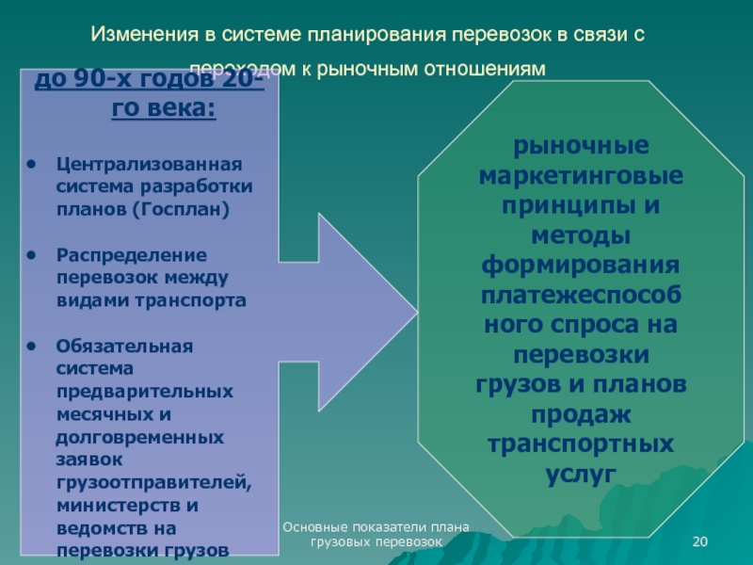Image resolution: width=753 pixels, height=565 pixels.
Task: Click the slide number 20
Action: tap(699, 540)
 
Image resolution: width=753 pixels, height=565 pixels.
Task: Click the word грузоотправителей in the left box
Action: tap(154, 482)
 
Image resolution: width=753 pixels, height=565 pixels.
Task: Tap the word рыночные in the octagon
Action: tap(581, 148)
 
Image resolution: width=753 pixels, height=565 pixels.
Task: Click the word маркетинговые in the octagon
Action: tap(581, 177)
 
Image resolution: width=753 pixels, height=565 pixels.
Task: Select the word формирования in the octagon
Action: tap(581, 266)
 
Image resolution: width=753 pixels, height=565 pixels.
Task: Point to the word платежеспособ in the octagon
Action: tap(581, 296)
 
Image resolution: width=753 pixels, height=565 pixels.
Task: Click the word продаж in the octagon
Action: tap(581, 414)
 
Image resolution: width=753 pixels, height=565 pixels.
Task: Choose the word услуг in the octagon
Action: tap(581, 474)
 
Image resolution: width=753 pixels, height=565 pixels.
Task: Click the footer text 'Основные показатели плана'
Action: tap(376, 527)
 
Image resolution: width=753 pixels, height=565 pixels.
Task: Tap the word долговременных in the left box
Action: tap(139, 437)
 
